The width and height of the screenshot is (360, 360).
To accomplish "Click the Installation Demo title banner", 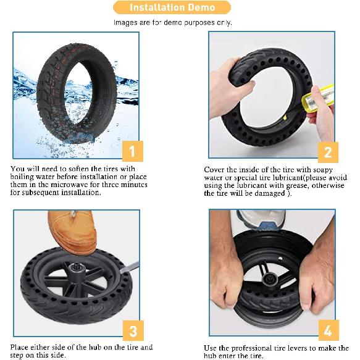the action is pyautogui.click(x=172, y=7).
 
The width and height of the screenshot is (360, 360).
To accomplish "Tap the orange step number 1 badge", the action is pyautogui.click(x=133, y=151).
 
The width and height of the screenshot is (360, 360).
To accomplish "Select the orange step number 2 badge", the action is pyautogui.click(x=328, y=153).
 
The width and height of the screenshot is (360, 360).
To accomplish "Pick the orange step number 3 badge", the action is pyautogui.click(x=133, y=330).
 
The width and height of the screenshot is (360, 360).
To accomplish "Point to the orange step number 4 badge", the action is pyautogui.click(x=329, y=330).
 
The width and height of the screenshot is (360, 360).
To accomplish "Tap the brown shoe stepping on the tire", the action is pyautogui.click(x=71, y=232).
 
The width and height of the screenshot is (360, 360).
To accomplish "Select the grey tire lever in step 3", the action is pyautogui.click(x=129, y=267).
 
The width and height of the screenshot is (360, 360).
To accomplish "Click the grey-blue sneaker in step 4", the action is pyautogui.click(x=261, y=219).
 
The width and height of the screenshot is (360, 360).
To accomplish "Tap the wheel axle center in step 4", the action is pyautogui.click(x=270, y=279).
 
